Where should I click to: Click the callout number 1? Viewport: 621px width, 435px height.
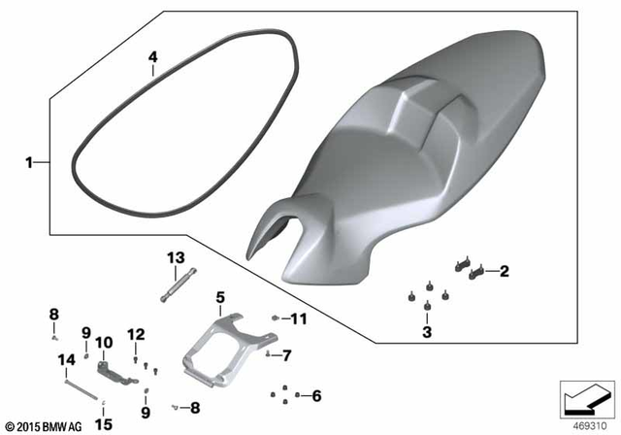coord(29,162)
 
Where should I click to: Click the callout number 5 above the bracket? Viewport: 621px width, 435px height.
coord(220,296)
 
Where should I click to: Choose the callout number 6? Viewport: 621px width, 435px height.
coord(315,395)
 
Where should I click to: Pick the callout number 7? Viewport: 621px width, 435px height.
coord(287,355)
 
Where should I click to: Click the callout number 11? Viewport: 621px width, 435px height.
coord(299,318)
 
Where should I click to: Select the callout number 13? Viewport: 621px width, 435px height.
coord(175,257)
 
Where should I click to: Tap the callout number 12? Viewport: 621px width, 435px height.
coord(136,334)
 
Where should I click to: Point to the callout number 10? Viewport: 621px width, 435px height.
coord(104,342)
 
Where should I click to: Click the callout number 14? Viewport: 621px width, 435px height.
coord(66,360)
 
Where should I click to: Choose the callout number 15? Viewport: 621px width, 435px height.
coord(104,423)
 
